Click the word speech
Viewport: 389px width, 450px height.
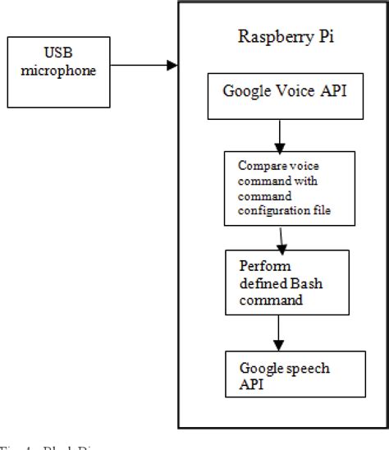299,367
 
